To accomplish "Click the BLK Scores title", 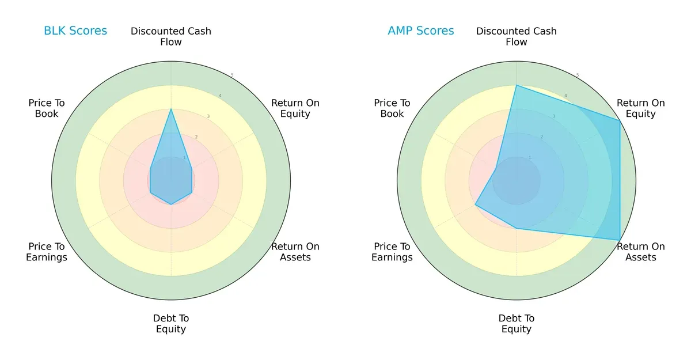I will (75, 31).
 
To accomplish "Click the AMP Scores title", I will (421, 31).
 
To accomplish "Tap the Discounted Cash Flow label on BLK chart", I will (171, 36).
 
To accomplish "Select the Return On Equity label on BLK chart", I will (295, 108).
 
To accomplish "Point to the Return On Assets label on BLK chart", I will (295, 252).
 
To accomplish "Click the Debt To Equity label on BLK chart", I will (171, 324).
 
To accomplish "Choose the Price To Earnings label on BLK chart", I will (47, 252).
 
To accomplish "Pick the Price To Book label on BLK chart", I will (47, 108).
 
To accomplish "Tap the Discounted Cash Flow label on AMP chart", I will (517, 36).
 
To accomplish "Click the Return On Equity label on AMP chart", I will (641, 108).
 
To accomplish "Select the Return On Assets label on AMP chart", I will (641, 252).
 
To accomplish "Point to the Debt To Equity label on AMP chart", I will (517, 324).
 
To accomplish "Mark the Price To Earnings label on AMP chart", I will (392, 252).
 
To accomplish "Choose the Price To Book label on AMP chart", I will (392, 108).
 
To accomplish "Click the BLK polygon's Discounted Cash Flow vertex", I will (171, 109).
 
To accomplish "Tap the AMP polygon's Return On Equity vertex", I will (620, 120).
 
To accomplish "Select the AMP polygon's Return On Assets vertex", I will (620, 240).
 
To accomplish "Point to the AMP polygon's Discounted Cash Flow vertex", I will (517, 85).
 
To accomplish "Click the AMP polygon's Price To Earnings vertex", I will (475, 204).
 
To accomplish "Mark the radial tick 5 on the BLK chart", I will (232, 75).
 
